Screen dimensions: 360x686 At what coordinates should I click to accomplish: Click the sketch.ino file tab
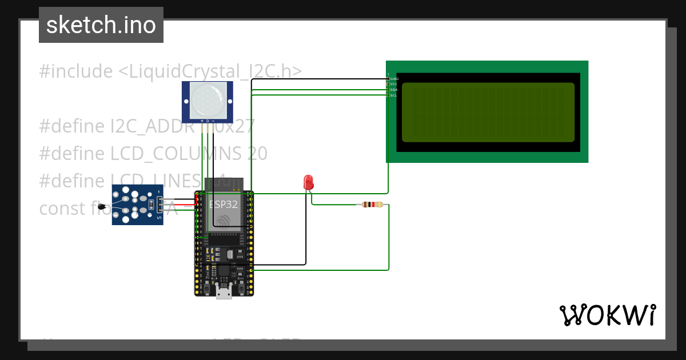[101, 25]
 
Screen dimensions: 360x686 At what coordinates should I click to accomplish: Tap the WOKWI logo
[607, 315]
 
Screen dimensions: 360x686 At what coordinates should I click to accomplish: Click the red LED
[309, 182]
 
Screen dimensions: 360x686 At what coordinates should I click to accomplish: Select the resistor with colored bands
[373, 205]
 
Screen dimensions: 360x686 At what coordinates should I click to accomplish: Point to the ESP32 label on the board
[223, 204]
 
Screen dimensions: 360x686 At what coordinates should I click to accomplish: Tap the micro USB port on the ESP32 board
[224, 293]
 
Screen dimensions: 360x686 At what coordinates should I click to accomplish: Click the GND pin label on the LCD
[394, 78]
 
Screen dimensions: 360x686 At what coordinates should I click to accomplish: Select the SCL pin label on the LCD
[394, 95]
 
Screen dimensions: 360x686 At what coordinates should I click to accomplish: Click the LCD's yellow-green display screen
[488, 112]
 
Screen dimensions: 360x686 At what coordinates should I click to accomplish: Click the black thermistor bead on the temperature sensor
[102, 206]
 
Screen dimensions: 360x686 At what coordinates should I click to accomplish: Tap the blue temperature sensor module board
[137, 205]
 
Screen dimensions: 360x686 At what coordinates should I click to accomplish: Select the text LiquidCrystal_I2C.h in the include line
[210, 71]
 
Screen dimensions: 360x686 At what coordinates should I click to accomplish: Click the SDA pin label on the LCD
[394, 90]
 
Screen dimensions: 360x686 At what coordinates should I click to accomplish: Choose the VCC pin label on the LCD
[394, 84]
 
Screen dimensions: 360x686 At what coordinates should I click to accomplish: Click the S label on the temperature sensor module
[159, 218]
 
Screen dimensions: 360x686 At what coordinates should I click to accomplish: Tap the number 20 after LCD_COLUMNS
[257, 154]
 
